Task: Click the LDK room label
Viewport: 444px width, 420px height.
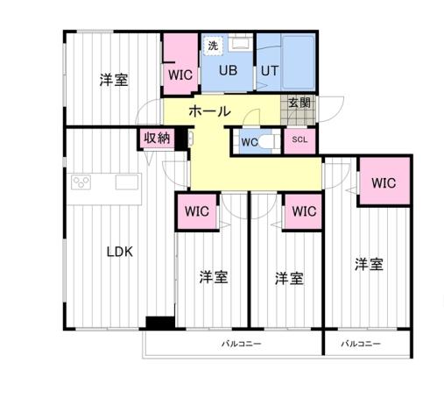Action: pyautogui.click(x=119, y=252)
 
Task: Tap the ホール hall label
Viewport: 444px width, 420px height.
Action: pyautogui.click(x=210, y=112)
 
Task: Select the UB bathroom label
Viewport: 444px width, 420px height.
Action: pyautogui.click(x=228, y=70)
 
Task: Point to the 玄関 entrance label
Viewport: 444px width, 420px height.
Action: pyautogui.click(x=299, y=103)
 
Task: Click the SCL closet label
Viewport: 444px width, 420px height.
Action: pyautogui.click(x=300, y=140)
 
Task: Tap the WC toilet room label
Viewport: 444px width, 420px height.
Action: pyautogui.click(x=249, y=141)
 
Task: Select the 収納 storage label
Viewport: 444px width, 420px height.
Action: pyautogui.click(x=158, y=138)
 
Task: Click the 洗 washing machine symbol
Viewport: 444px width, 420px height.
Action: pyautogui.click(x=213, y=46)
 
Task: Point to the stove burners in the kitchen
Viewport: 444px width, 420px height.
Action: pyautogui.click(x=81, y=183)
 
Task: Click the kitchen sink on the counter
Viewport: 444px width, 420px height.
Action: pyautogui.click(x=127, y=182)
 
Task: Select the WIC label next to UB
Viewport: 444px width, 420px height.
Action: pyautogui.click(x=180, y=75)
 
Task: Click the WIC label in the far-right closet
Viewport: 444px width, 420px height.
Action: pyautogui.click(x=384, y=183)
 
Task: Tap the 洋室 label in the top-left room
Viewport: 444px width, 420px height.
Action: pyautogui.click(x=113, y=80)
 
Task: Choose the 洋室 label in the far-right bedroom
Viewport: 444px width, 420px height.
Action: pyautogui.click(x=369, y=263)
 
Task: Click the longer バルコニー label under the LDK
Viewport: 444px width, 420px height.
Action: pyautogui.click(x=241, y=344)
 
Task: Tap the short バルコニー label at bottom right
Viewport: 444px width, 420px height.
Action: pyautogui.click(x=361, y=344)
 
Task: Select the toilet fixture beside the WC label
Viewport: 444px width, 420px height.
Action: pyautogui.click(x=270, y=140)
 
